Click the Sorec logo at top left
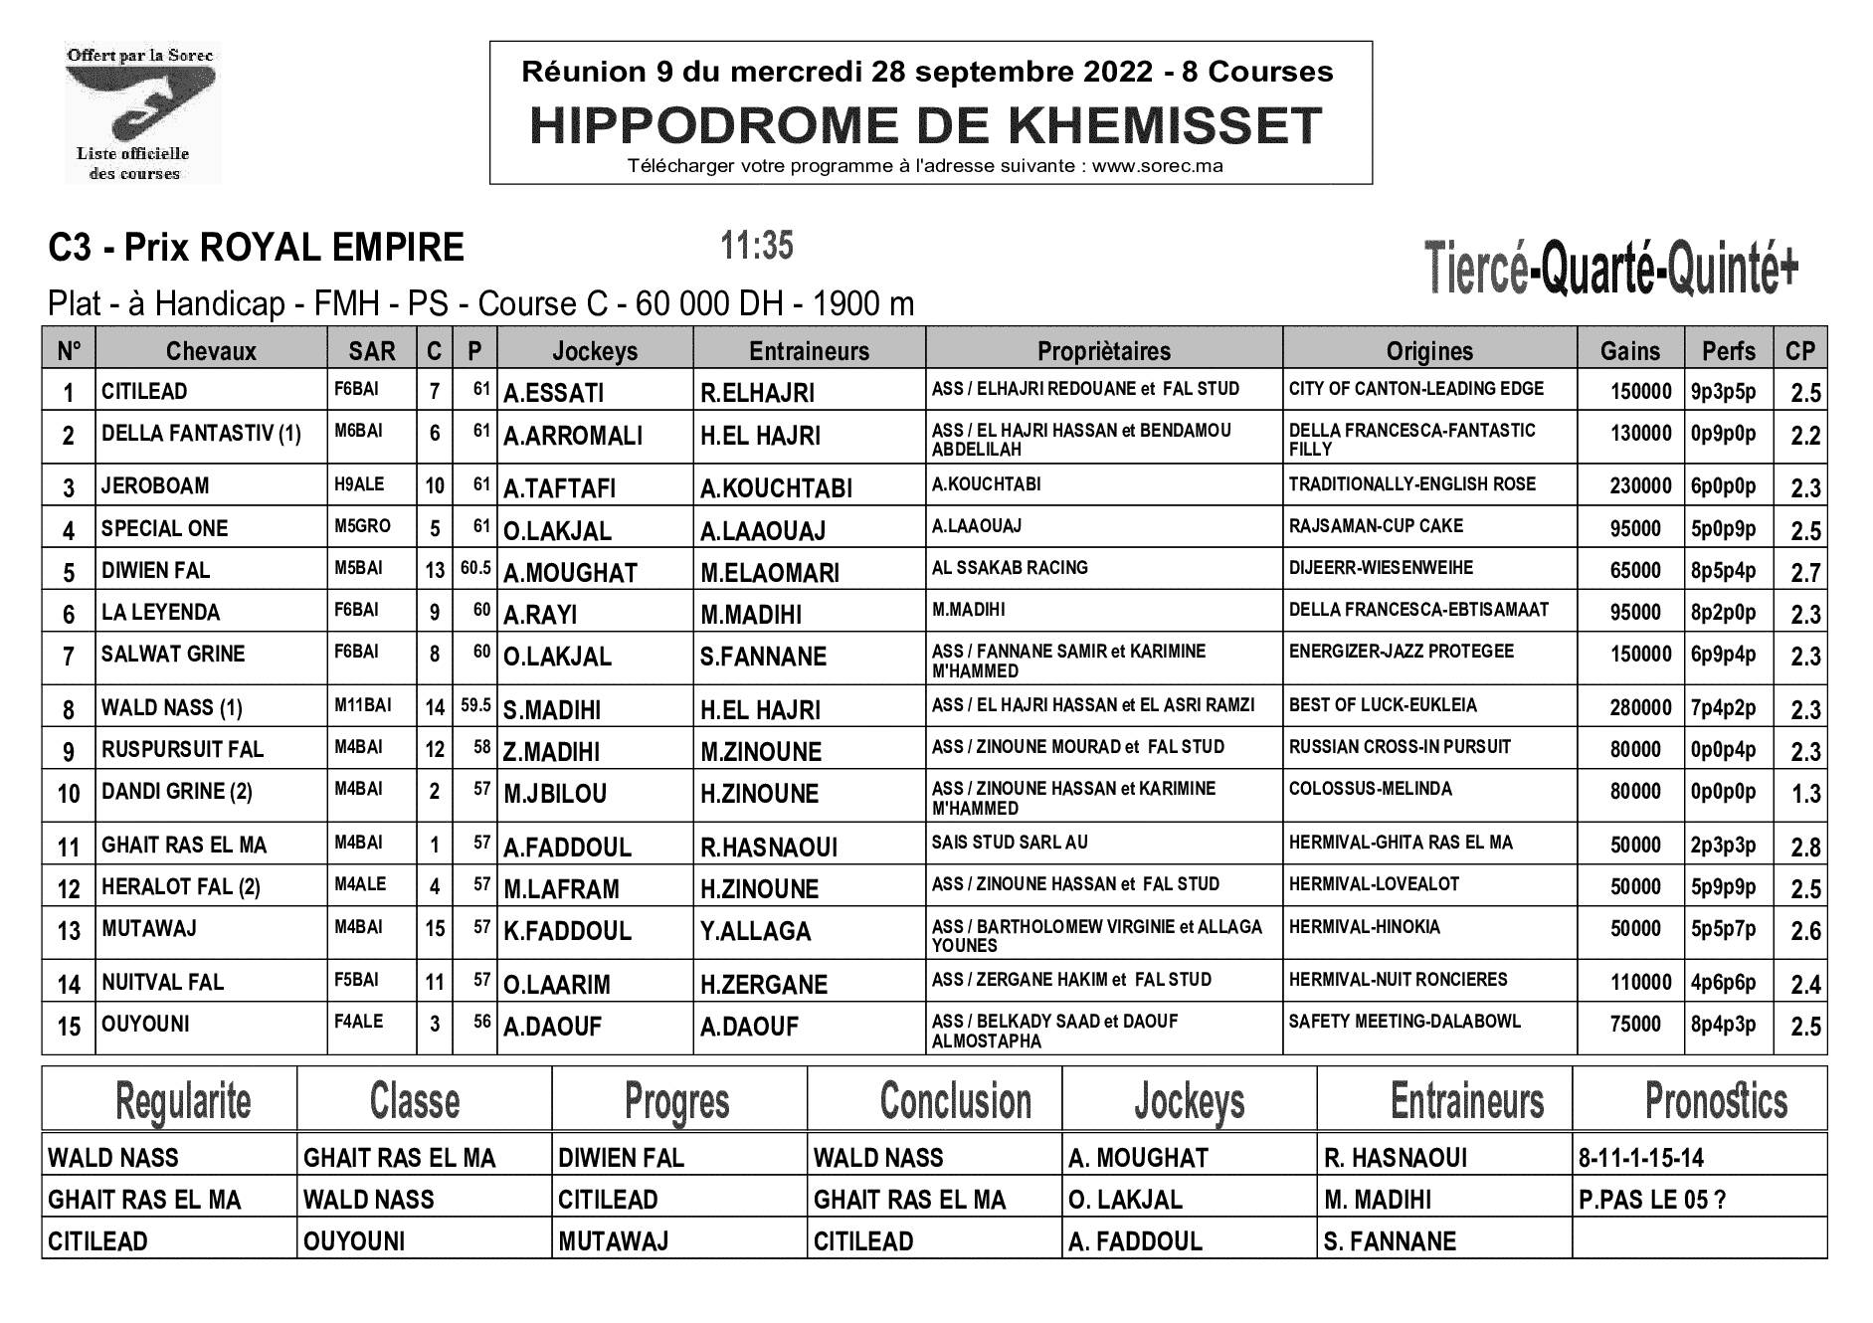(140, 114)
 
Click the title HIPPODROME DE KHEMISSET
(926, 125)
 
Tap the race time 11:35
(757, 245)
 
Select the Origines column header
(1429, 350)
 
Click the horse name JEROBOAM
(155, 485)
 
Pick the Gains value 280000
(1640, 708)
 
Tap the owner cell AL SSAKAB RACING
(1010, 567)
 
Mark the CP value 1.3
(1805, 794)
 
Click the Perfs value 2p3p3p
(1723, 846)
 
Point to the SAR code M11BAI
(363, 705)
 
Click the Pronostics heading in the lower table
(1716, 1101)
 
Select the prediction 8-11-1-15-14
(1640, 1158)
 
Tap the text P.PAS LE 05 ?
(1651, 1200)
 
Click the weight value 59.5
(475, 705)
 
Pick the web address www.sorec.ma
(1157, 166)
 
